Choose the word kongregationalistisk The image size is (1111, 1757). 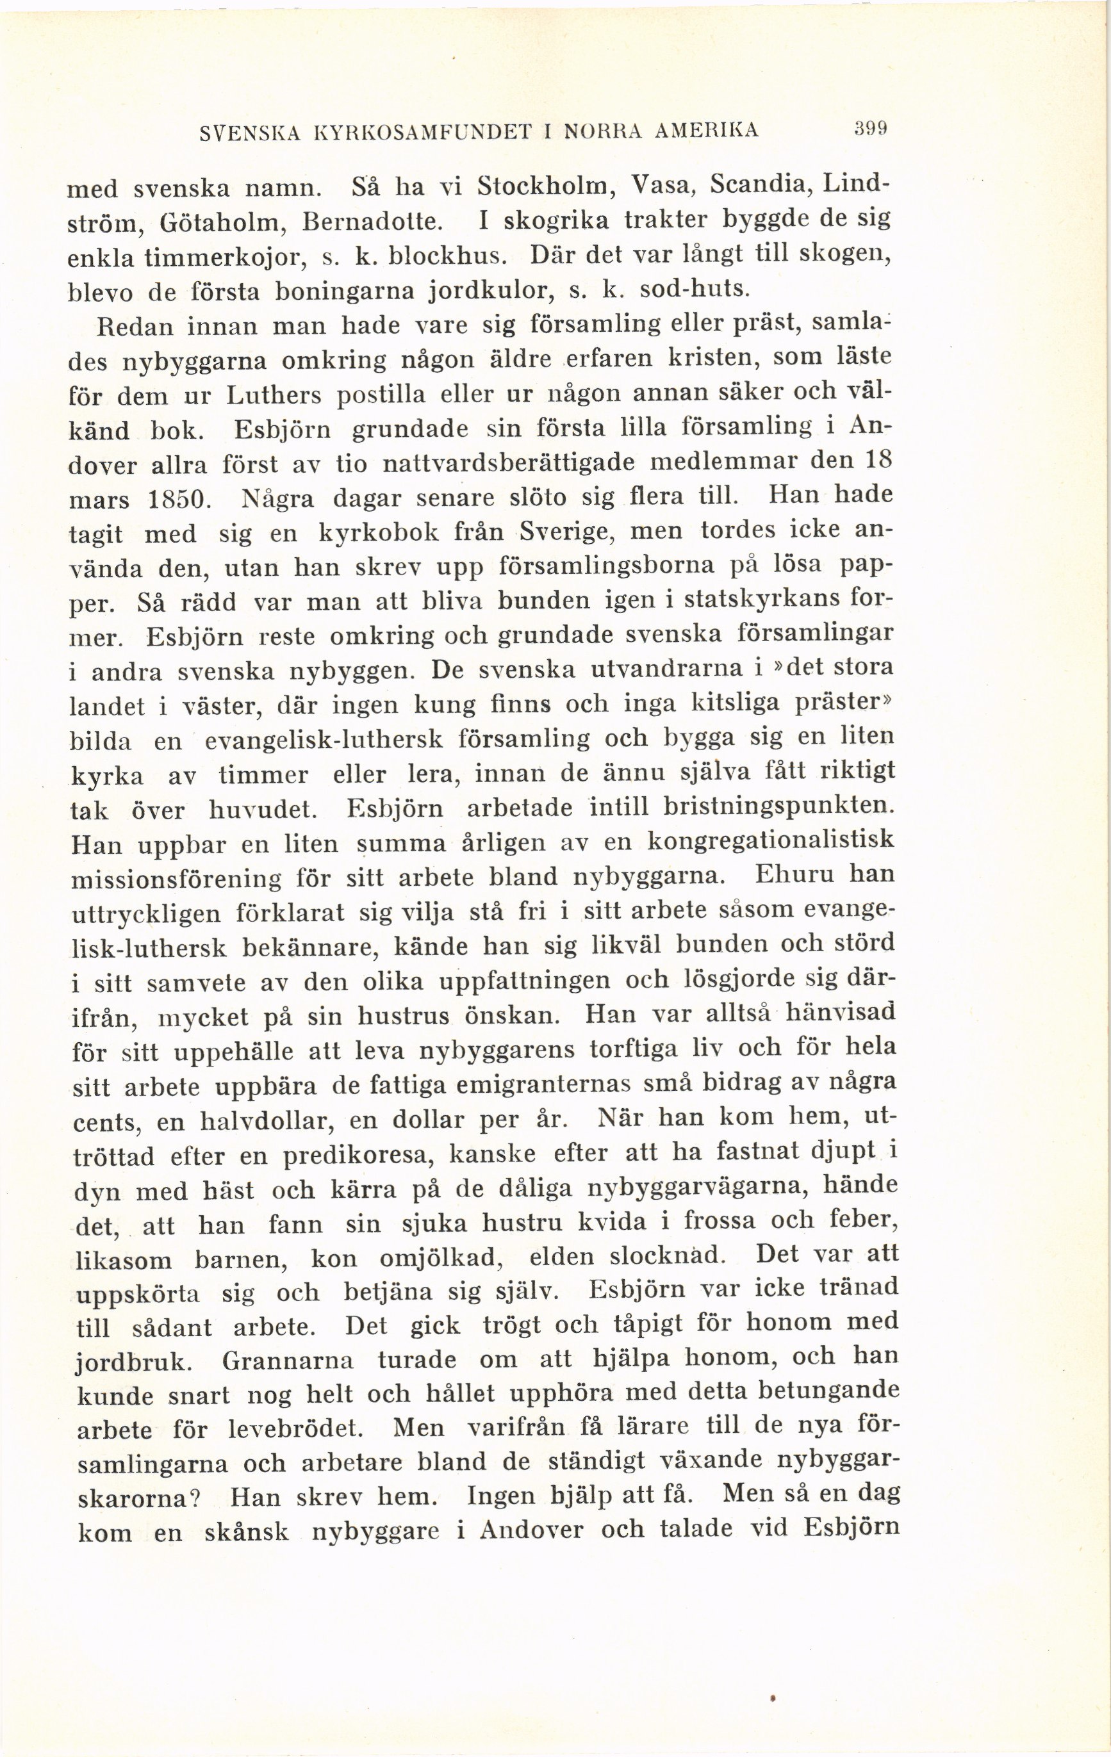[771, 840]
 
